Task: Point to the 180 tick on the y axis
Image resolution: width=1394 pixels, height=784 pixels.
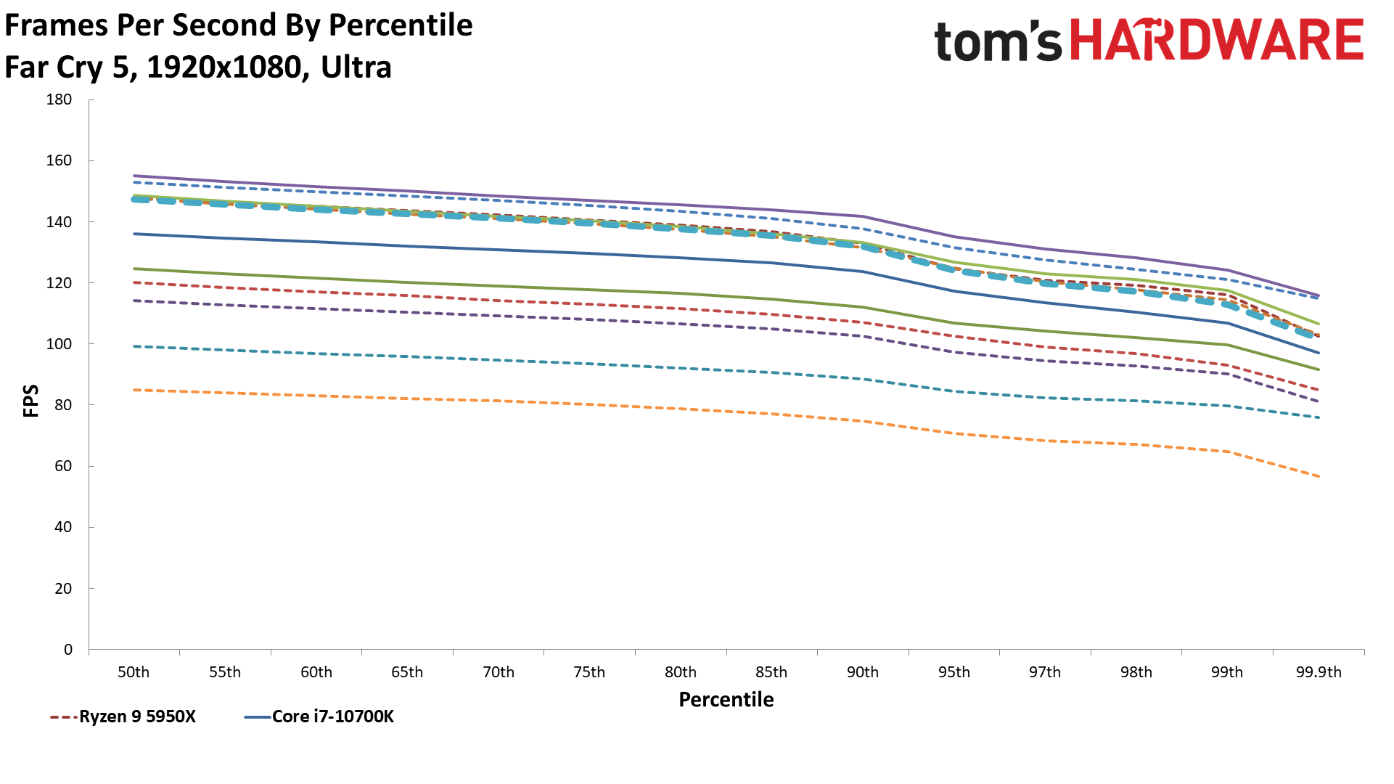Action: pos(59,99)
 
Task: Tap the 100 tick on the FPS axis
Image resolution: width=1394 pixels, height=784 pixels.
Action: pos(59,344)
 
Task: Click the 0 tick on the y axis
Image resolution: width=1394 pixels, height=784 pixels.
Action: pos(67,650)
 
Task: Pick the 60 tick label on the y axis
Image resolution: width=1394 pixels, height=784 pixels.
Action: pos(63,466)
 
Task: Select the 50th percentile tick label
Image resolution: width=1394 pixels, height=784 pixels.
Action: pos(134,672)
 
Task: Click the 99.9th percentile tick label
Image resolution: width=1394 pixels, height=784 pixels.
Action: pos(1319,672)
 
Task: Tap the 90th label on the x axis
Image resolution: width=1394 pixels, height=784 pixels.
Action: pos(862,672)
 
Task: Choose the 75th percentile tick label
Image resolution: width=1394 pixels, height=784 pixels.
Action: pos(589,672)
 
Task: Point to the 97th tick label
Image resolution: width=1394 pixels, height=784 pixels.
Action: pos(1044,672)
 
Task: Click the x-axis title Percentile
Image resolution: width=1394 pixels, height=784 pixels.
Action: pos(726,700)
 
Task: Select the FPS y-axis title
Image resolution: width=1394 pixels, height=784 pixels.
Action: pos(30,401)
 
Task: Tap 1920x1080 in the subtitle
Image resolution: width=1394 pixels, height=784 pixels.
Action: pos(224,68)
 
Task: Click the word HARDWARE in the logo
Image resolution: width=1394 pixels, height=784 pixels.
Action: pos(1217,40)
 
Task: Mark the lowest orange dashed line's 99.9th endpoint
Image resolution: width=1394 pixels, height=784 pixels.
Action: pos(1318,477)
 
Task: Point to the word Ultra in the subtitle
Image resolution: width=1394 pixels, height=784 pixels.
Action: pos(356,68)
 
